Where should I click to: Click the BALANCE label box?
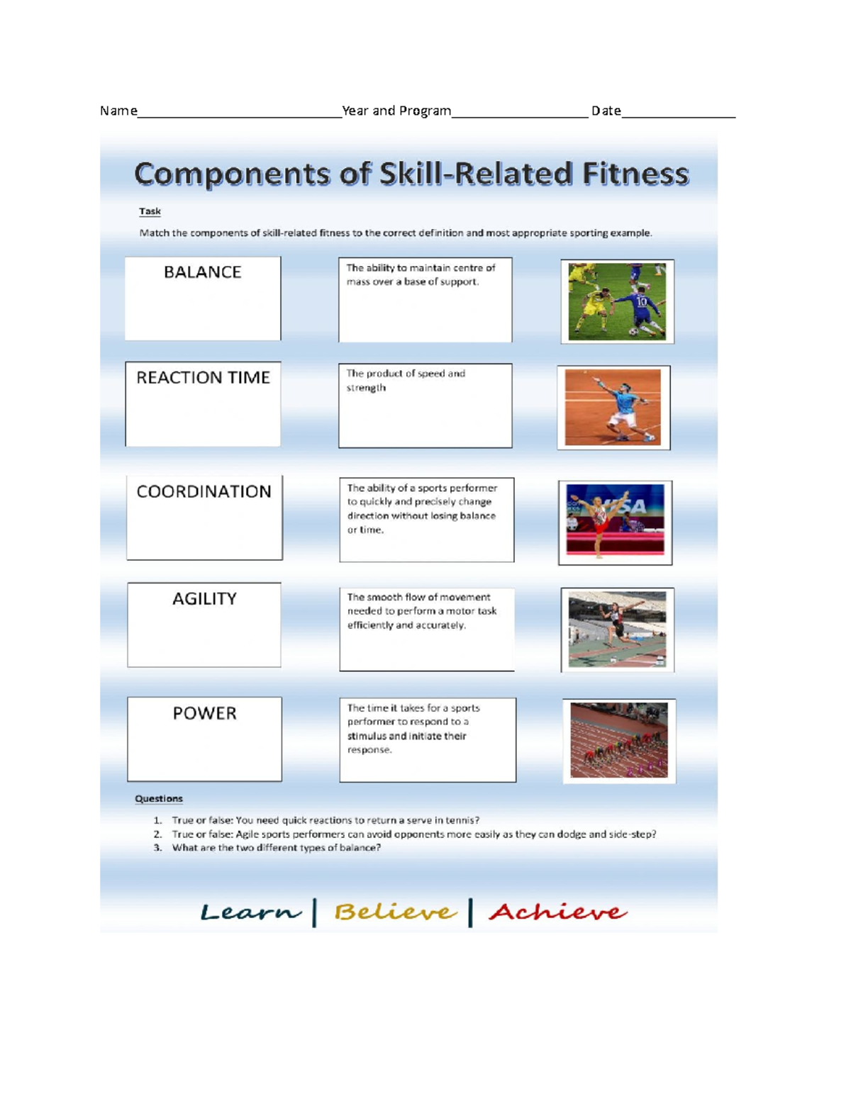coord(203,298)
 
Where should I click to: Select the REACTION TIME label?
coord(203,403)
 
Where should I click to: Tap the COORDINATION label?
coord(204,518)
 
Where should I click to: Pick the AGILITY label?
coord(204,625)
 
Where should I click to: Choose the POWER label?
coord(204,739)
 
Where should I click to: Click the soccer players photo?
coord(617,301)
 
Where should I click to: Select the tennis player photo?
coord(613,408)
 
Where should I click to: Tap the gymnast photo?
coord(615,522)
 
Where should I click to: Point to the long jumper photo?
coord(617,630)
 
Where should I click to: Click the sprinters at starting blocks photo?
coord(619,741)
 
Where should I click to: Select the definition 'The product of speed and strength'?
coord(425,405)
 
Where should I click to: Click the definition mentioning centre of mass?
coord(425,299)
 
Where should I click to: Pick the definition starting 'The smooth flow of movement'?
coord(426,629)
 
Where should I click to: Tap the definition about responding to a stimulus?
coord(428,739)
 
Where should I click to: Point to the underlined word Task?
coord(150,211)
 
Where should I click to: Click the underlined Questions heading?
coord(159,798)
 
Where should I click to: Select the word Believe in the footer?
coord(394,912)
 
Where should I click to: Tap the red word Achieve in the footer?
coord(557,912)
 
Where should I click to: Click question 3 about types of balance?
coord(276,848)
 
